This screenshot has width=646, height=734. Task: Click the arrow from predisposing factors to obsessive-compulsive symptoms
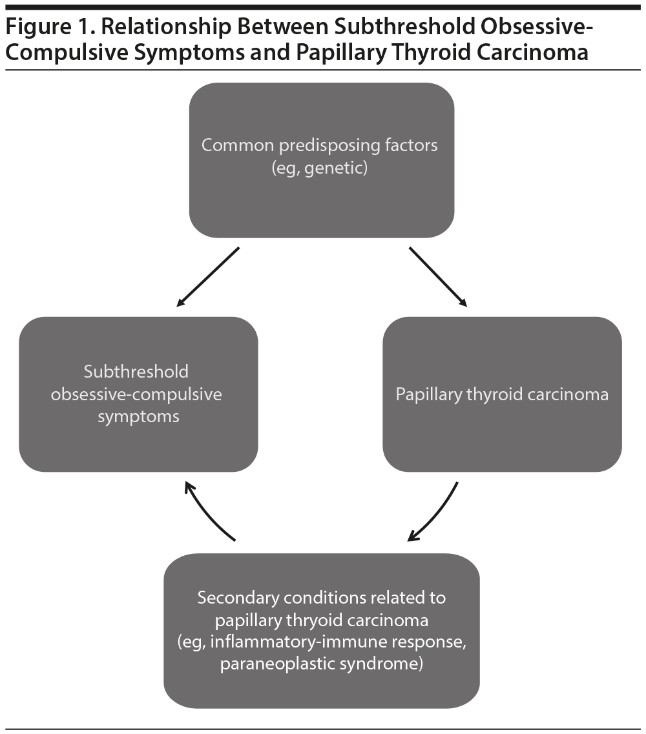click(x=208, y=276)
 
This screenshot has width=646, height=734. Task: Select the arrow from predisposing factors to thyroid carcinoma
click(x=437, y=276)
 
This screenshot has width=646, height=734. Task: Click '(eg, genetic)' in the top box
click(x=319, y=169)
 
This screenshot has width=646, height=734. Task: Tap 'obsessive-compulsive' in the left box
click(x=136, y=394)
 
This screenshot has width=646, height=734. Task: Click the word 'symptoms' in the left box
click(x=138, y=416)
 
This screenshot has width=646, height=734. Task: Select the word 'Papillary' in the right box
click(x=428, y=394)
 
